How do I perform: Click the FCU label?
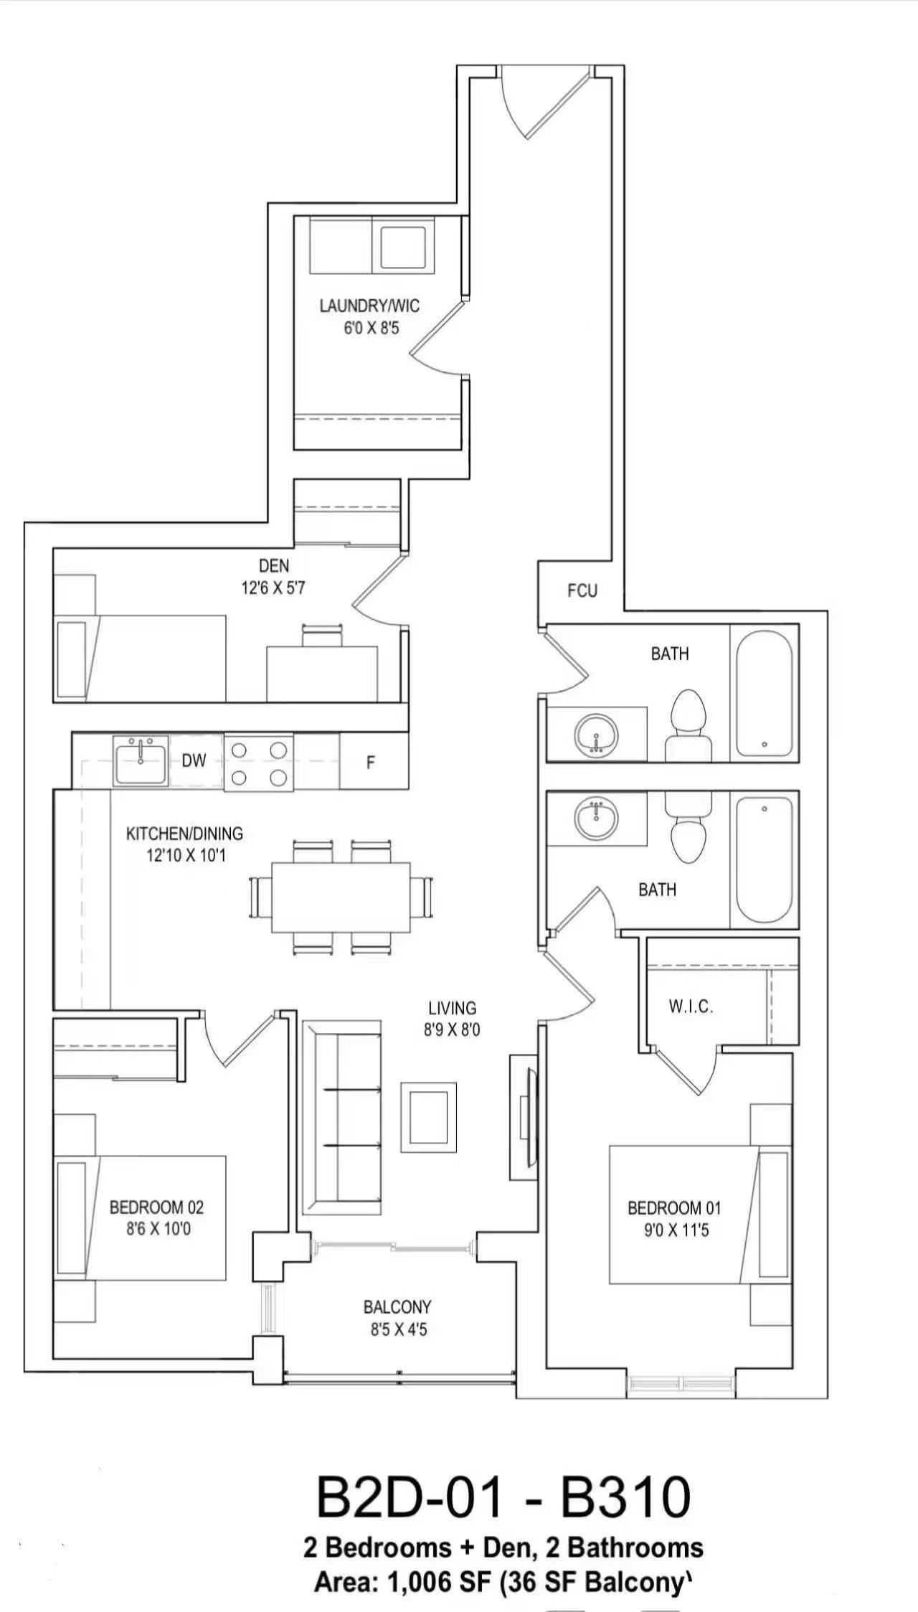[582, 590]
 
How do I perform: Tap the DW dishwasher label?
[194, 761]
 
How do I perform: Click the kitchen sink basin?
[141, 761]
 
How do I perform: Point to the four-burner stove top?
[258, 763]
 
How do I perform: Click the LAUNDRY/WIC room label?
[369, 306]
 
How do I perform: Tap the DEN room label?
[274, 567]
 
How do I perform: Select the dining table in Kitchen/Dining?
[341, 897]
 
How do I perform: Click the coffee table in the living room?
[428, 1117]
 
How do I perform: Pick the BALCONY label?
[397, 1307]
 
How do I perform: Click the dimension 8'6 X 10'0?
[158, 1229]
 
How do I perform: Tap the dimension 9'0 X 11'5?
[676, 1230]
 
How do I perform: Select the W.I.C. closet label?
[691, 1007]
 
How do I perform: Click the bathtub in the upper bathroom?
[765, 693]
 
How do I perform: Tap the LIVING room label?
[453, 1008]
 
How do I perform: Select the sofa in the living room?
[341, 1117]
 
